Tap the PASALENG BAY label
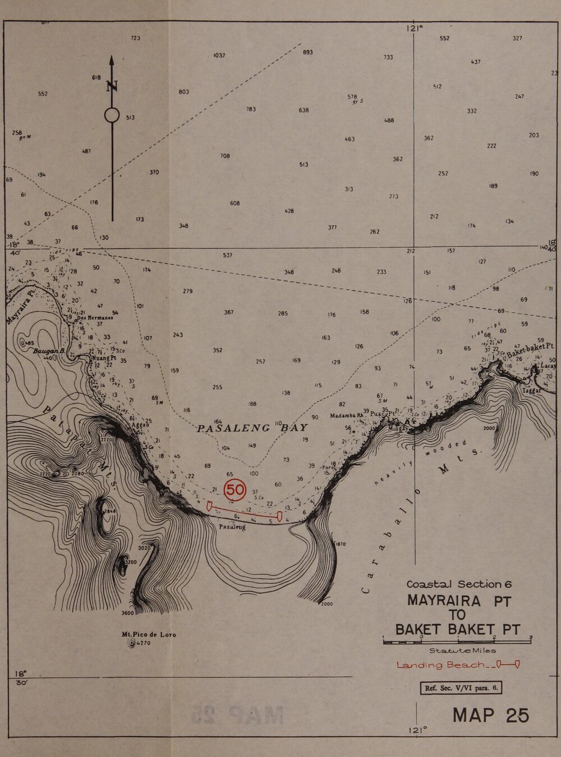(x=252, y=428)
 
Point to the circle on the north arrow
(x=112, y=116)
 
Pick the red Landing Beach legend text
(x=440, y=666)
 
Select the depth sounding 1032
(x=219, y=56)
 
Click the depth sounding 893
(x=307, y=52)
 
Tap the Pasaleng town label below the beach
(x=232, y=527)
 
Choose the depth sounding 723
(x=135, y=38)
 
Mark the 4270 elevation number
(x=144, y=644)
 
